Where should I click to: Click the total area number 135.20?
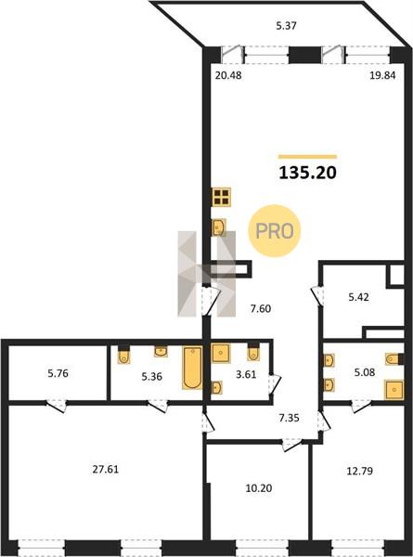307,173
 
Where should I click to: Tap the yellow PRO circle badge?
274,231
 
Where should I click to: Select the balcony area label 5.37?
286,26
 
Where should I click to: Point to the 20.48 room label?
228,75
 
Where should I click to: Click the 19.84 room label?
382,75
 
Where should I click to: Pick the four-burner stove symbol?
222,197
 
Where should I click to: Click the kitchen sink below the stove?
218,227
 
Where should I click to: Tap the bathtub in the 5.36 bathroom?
192,368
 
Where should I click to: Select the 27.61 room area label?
106,469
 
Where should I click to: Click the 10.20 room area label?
259,488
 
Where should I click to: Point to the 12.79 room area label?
359,471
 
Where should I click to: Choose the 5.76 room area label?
58,373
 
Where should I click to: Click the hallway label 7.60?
261,309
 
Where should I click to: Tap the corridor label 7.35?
289,418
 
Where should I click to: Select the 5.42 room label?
358,297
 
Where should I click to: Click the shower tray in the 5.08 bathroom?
394,390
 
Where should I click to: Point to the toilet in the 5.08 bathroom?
394,358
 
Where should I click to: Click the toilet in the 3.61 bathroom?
253,353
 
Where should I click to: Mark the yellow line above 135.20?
307,156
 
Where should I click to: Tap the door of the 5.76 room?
57,406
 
